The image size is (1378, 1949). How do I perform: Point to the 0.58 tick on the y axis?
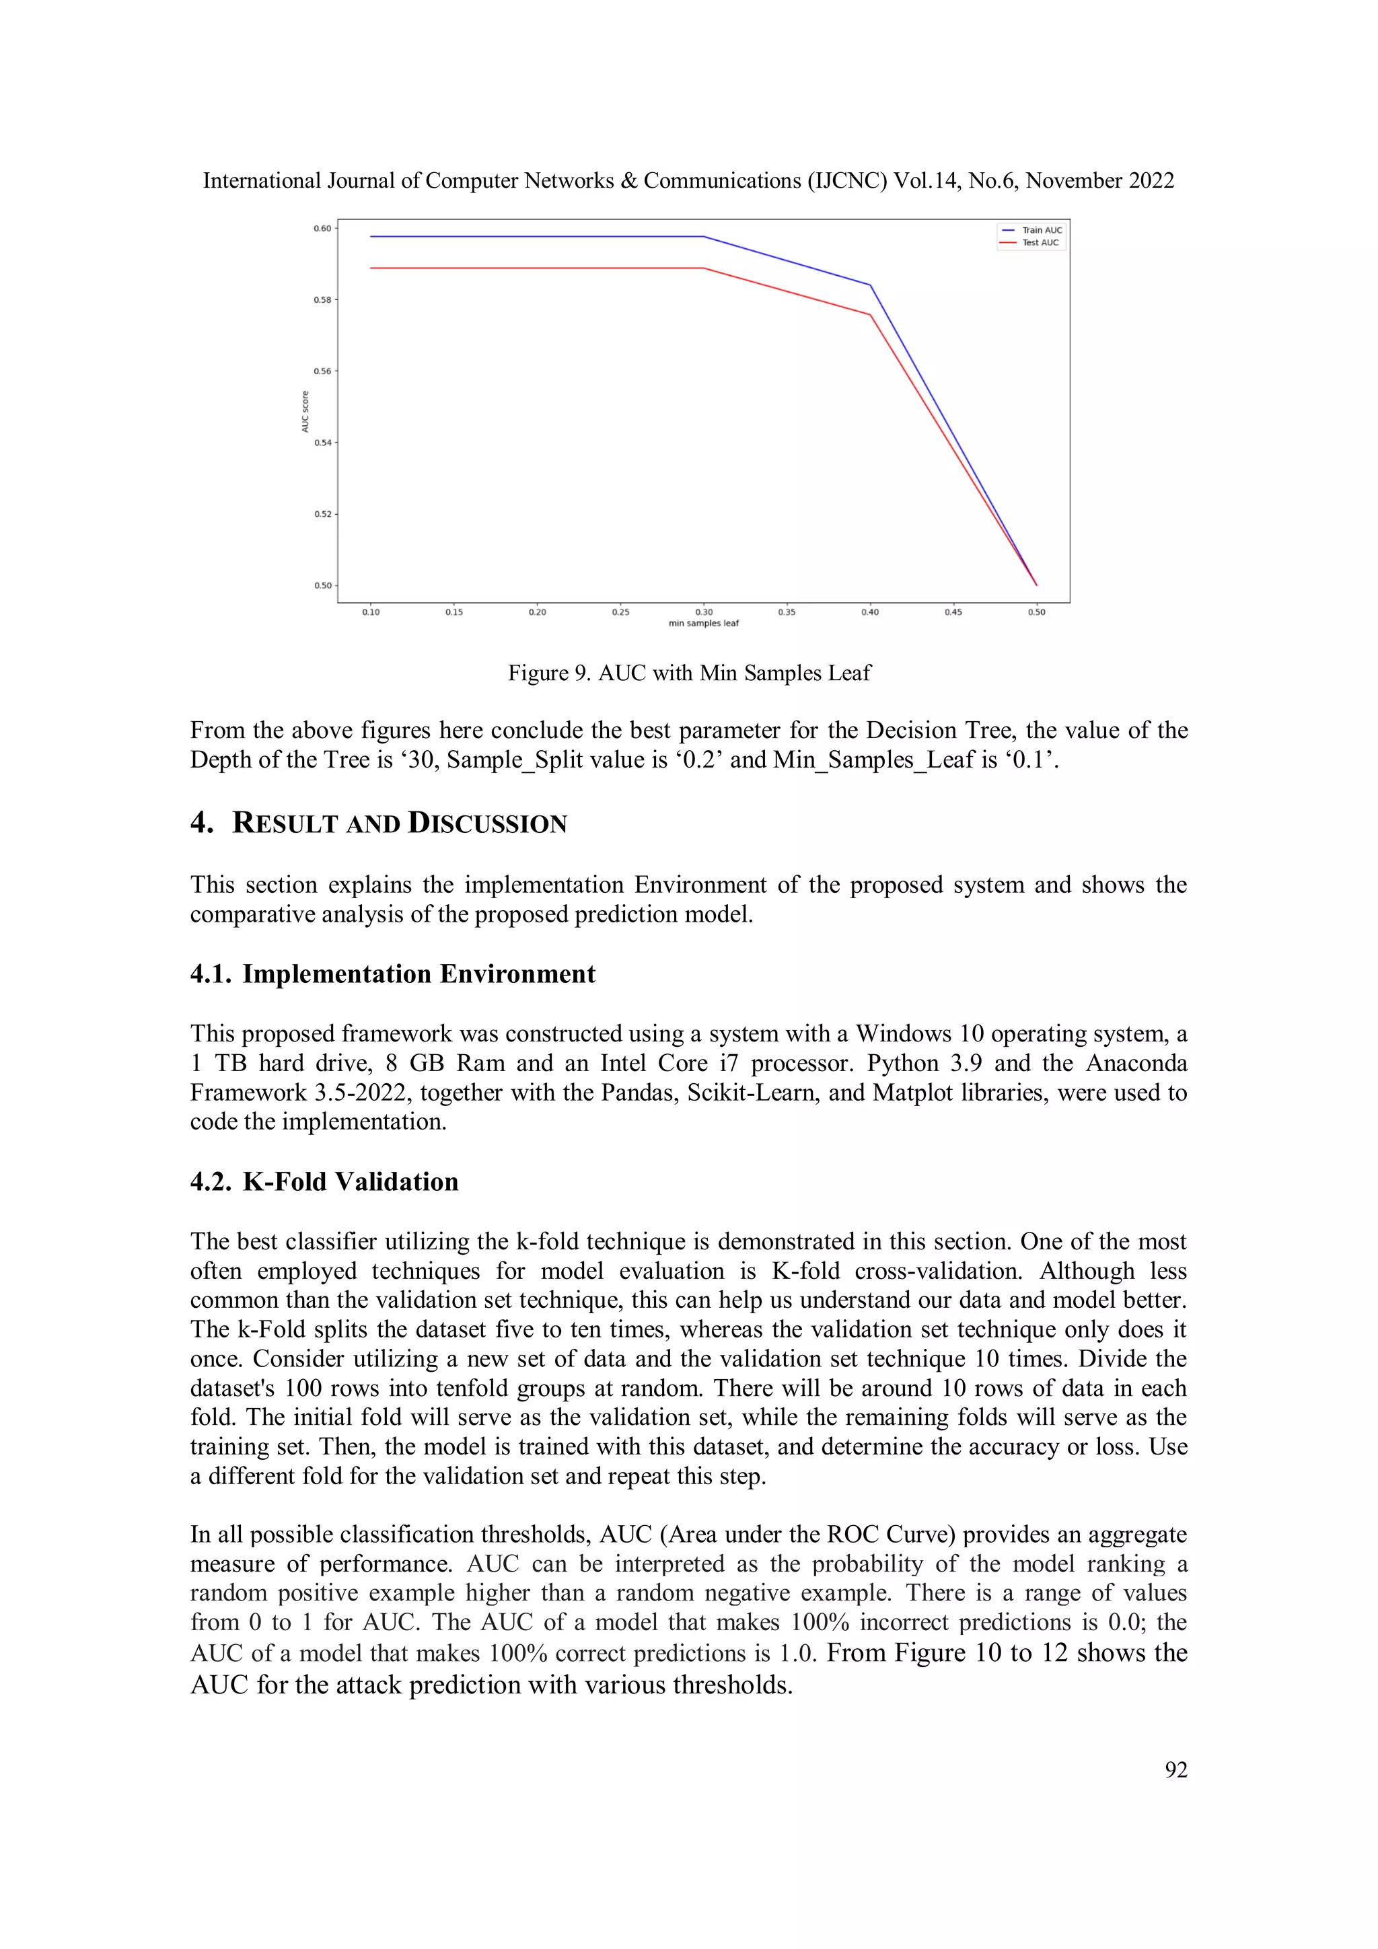[x=323, y=299]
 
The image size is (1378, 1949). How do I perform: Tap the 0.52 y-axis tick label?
[x=323, y=515]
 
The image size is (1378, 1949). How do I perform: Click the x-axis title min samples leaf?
[x=703, y=623]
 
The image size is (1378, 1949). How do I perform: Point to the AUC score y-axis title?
[x=305, y=412]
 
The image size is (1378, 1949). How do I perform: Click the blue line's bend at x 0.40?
[x=870, y=285]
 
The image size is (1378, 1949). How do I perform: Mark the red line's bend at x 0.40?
[x=870, y=315]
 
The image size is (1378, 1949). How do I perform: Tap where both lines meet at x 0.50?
[x=1036, y=585]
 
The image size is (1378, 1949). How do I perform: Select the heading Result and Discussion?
[x=399, y=823]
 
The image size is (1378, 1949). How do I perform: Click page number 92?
[x=1175, y=1769]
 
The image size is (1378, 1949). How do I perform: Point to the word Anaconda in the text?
[x=1136, y=1063]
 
